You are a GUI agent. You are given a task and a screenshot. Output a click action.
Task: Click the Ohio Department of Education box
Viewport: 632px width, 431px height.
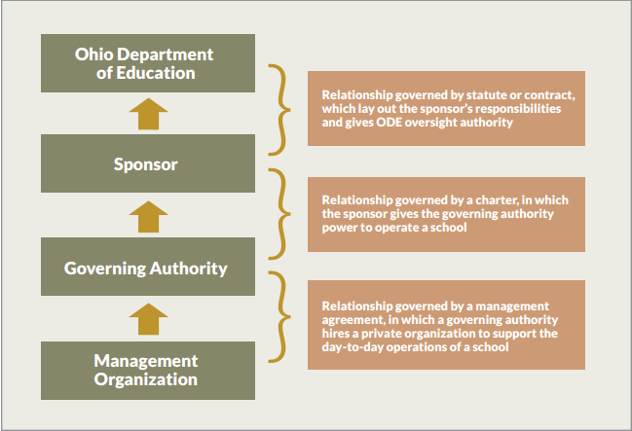coord(148,63)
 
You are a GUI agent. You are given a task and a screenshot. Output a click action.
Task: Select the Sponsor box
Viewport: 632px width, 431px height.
coord(148,163)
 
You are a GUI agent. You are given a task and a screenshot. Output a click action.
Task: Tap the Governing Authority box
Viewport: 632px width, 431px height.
coord(148,267)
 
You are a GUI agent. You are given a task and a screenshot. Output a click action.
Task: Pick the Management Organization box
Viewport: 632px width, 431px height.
coord(148,371)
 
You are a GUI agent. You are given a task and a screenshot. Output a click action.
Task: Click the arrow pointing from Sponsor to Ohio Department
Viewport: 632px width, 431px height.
coord(148,114)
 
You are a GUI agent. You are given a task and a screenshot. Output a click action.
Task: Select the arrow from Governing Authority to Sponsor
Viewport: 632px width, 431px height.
coord(148,217)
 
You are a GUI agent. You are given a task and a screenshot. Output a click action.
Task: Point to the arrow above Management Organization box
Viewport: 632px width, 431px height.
coord(148,319)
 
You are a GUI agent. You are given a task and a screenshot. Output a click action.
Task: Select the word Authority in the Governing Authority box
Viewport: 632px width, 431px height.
coord(189,269)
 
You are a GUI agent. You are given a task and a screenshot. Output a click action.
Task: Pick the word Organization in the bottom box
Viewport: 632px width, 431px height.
coord(146,379)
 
